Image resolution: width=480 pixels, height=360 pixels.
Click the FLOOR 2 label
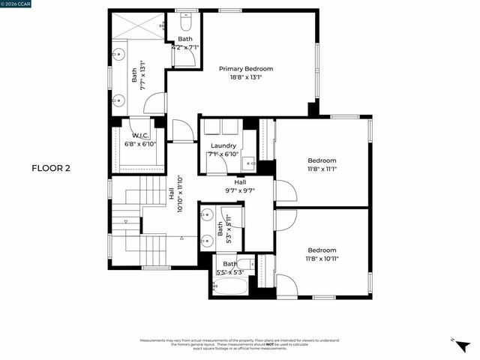50,168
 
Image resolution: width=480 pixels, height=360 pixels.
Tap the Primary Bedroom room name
246,68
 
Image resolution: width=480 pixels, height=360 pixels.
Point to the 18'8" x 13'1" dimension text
246,76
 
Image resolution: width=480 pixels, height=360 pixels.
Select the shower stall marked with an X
138,25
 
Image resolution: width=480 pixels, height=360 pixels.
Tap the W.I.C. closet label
139,135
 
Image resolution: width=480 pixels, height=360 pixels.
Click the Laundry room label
223,145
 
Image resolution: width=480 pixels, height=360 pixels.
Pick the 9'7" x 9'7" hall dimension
240,190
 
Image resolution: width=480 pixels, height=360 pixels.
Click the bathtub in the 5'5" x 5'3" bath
229,285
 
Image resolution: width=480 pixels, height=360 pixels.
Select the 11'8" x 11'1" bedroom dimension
322,169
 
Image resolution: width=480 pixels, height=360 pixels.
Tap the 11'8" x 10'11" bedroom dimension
322,259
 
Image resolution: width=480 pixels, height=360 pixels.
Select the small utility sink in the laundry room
252,161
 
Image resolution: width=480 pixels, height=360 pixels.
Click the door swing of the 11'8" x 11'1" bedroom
285,192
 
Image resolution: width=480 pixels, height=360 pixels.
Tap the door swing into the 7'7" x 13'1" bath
154,103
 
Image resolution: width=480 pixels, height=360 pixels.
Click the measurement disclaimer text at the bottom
239,344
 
